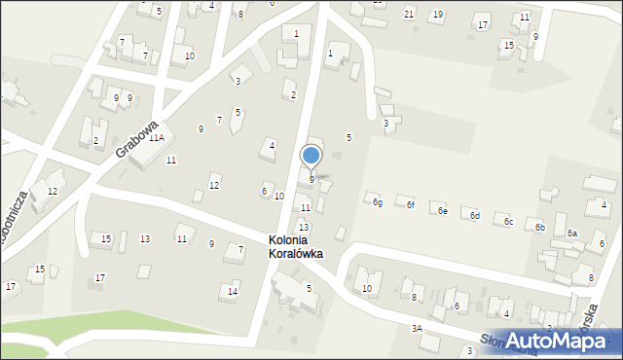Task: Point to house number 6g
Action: coord(377,202)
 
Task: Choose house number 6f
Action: coord(410,205)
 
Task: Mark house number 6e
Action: coord(442,211)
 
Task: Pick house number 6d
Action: coord(475,216)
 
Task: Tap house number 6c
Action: coord(508,222)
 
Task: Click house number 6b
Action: coord(539,227)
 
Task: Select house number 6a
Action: coord(572,234)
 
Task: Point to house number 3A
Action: coord(416,329)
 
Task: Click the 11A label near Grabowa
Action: coord(156,138)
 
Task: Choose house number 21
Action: coord(409,13)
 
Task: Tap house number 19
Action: coord(437,15)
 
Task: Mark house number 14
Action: coord(232,291)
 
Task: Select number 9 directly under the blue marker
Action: coord(311,179)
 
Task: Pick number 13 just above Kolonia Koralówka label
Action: coord(304,227)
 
